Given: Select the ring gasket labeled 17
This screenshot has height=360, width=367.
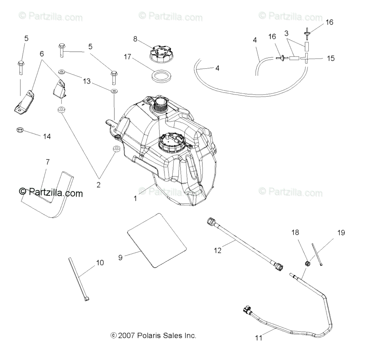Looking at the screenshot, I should click(162, 75).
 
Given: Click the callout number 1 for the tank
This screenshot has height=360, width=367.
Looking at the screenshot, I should click(135, 198).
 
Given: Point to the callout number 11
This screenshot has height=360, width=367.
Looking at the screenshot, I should click(259, 338).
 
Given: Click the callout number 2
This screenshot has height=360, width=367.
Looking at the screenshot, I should click(98, 185).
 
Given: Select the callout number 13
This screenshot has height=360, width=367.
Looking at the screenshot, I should click(87, 81).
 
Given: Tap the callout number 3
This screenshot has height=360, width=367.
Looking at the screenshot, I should click(286, 33).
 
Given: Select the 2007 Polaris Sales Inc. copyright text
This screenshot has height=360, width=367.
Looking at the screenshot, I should click(153, 335).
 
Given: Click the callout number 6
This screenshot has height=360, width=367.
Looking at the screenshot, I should click(42, 54).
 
